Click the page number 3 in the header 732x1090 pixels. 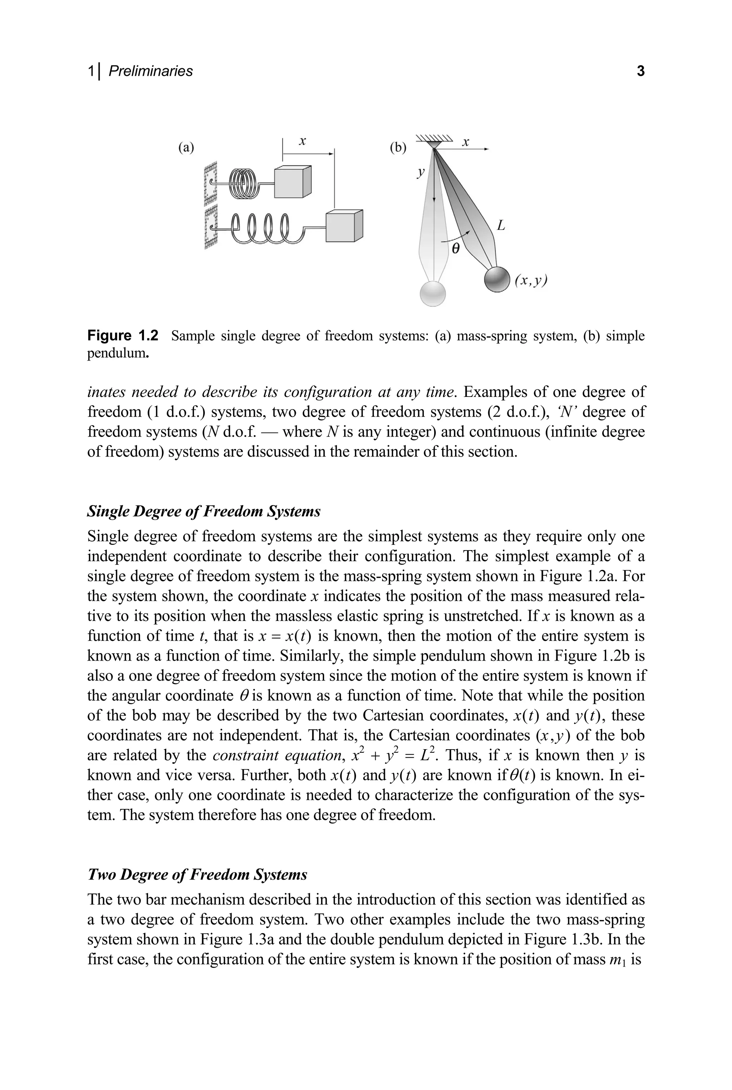640,71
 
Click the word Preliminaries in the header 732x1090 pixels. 150,71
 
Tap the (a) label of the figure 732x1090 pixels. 186,148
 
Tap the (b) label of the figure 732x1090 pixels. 398,148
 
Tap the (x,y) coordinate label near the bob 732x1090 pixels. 531,280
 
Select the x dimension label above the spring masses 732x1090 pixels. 302,141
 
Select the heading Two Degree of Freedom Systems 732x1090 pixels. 197,874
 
